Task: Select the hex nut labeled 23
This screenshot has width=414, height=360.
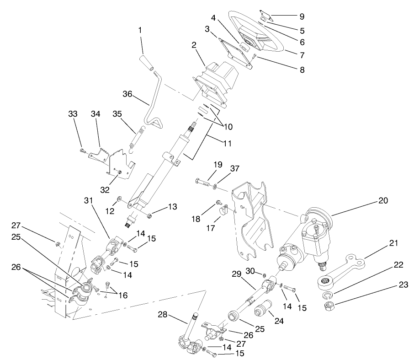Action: click(329, 305)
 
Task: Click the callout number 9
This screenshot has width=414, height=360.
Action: click(301, 16)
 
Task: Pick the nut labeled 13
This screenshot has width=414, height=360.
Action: click(149, 215)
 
